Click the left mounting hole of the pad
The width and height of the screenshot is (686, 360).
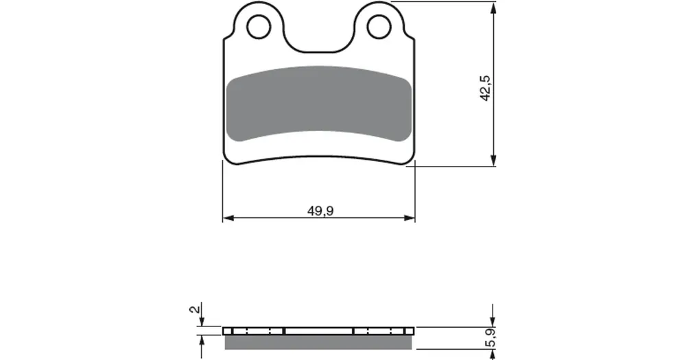(x=259, y=27)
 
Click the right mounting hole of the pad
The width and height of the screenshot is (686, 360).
(x=379, y=27)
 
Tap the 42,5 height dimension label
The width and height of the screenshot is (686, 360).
(x=486, y=88)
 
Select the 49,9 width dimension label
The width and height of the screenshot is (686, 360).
(x=320, y=211)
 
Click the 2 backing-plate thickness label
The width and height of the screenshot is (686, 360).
(x=195, y=309)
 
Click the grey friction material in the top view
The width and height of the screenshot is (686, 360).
(x=320, y=104)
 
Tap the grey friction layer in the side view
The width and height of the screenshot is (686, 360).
(x=318, y=342)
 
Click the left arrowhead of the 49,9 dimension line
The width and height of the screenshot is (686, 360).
(x=228, y=218)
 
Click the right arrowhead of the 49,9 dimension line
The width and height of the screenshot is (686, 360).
(x=410, y=218)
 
